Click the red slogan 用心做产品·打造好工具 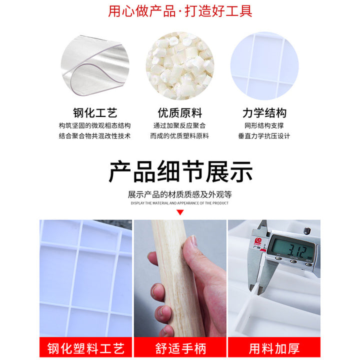click(180, 11)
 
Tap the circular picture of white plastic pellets click(180, 66)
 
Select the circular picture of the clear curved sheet click(95, 66)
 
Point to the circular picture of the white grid click(264, 66)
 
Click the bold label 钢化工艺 click(95, 113)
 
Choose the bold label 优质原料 click(180, 113)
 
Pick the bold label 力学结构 click(264, 113)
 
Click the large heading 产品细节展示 click(180, 171)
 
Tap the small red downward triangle click(180, 212)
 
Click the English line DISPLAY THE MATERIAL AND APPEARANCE click(180, 203)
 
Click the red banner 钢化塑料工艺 click(85, 348)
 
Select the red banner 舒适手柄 click(180, 348)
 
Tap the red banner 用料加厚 click(274, 348)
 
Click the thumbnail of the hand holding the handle click(180, 278)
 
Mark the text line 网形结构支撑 click(264, 125)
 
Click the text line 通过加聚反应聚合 click(179, 125)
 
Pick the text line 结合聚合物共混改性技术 click(95, 136)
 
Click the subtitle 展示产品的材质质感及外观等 click(180, 194)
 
